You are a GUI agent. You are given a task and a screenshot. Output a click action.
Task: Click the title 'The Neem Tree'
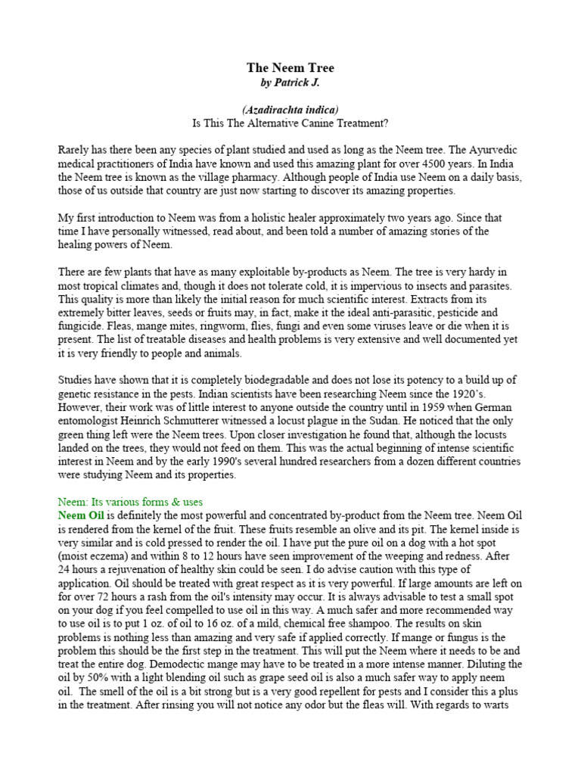point(290,68)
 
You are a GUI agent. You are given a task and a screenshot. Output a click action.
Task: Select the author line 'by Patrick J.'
point(290,82)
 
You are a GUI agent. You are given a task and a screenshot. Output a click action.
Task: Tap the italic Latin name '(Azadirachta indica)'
point(290,110)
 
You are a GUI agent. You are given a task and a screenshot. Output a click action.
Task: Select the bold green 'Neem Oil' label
point(80,515)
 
